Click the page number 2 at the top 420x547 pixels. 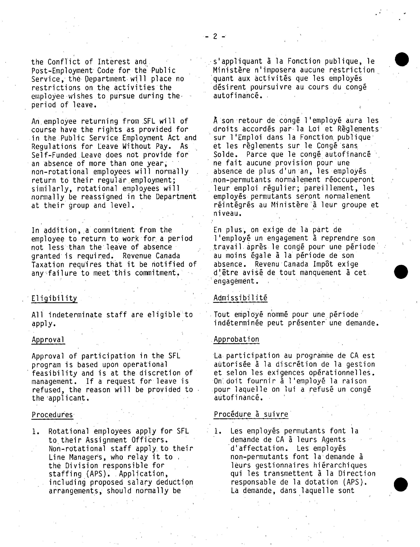(215, 36)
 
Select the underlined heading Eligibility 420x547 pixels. (54, 298)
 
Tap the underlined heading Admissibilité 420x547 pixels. (240, 298)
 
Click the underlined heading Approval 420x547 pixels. (48, 340)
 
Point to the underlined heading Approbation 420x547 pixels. (236, 339)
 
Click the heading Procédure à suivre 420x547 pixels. (251, 414)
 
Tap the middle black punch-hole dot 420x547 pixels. (401, 272)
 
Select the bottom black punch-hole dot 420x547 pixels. (401, 484)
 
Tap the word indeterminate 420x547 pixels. (75, 315)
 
